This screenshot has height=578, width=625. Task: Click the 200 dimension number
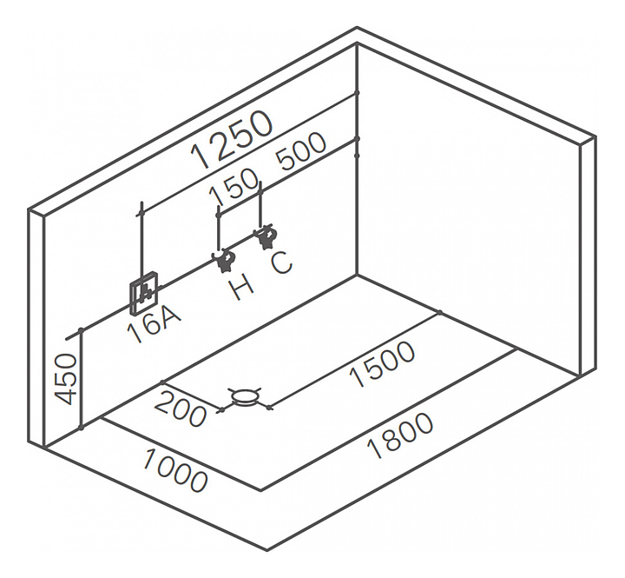[x=183, y=409]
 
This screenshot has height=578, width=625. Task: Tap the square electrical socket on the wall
[x=144, y=296]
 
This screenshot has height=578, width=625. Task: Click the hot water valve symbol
[x=227, y=259]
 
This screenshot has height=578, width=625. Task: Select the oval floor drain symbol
[x=246, y=398]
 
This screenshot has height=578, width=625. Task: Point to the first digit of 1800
[x=370, y=453]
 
